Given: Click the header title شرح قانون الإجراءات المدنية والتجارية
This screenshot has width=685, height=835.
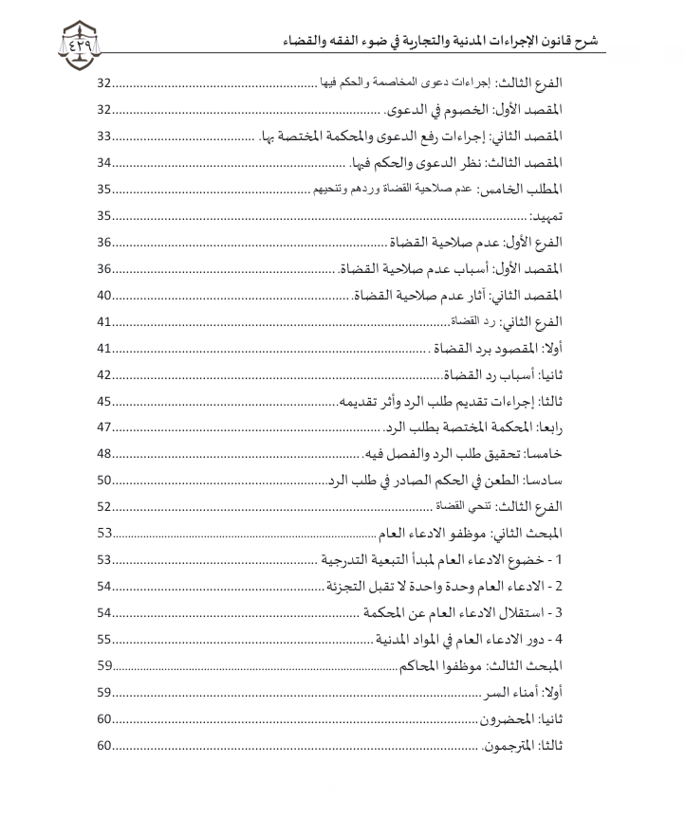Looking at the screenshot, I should click(x=446, y=42).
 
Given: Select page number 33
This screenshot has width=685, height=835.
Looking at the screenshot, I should click(x=104, y=136).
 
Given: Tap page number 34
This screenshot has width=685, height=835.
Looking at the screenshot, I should click(x=104, y=162).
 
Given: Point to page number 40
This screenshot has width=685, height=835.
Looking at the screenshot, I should click(x=104, y=295).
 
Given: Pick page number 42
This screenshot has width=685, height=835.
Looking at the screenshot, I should click(x=104, y=374).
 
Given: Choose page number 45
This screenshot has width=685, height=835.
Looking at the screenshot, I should click(x=104, y=401).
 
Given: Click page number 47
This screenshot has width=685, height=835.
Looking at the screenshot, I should click(x=104, y=427).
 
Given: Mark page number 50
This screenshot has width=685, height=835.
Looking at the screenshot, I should click(x=104, y=480).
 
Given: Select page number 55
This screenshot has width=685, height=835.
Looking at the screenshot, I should click(x=104, y=639).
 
